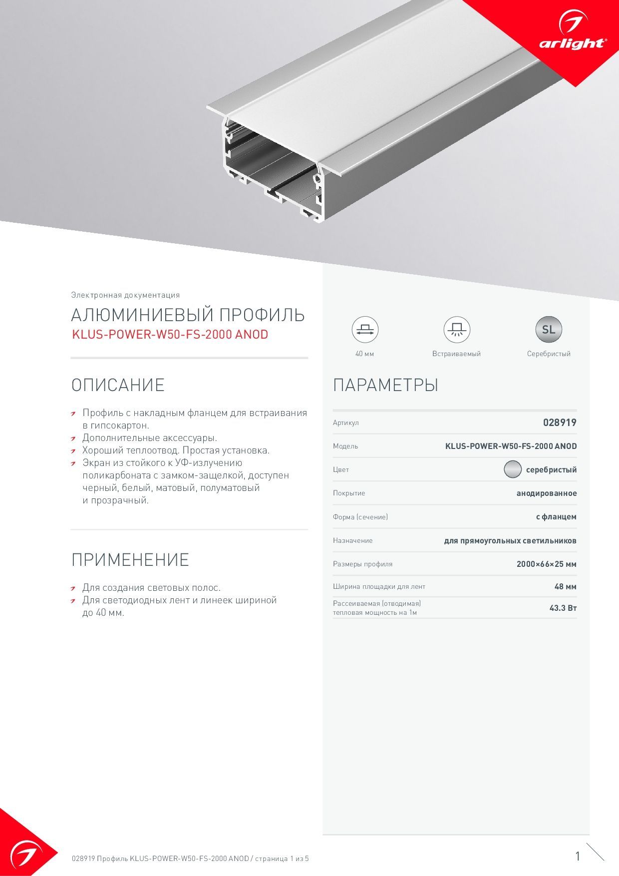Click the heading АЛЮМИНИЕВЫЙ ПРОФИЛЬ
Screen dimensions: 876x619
188,315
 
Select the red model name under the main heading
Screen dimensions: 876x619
170,335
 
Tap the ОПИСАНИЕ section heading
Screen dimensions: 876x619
118,385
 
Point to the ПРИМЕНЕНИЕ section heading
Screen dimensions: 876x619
130,560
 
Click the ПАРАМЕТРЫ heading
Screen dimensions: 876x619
385,385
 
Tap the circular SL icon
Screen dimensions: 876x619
548,330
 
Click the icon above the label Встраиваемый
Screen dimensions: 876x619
456,330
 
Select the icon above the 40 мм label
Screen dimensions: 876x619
365,330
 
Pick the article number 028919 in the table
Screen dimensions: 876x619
560,423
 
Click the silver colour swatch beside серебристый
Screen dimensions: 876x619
512,469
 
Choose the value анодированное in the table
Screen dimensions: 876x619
547,493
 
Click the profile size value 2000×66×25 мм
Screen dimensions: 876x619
546,564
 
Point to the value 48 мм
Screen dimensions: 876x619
565,587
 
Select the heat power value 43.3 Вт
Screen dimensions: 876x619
563,608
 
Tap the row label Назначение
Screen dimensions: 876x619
352,540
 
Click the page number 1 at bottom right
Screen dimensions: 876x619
578,856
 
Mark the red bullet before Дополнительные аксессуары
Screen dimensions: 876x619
73,439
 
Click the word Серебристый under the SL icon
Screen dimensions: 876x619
548,354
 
